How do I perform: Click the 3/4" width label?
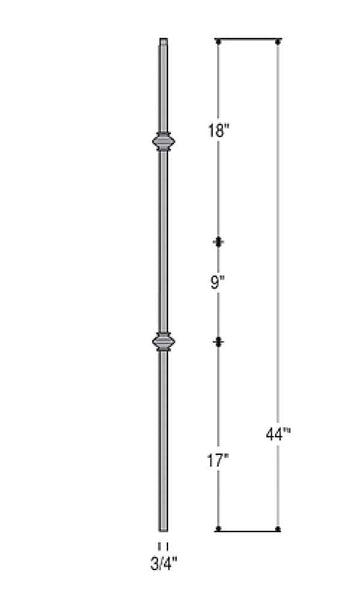pos(163,563)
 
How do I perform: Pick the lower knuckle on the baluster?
pos(163,343)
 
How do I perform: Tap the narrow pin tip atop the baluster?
pos(163,44)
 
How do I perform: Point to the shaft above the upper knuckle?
pos(163,90)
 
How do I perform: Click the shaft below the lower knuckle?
pos(163,440)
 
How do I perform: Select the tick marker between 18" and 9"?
pos(219,242)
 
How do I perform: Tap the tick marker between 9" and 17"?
pos(219,342)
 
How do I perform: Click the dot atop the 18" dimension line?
pos(219,41)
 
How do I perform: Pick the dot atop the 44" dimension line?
pos(278,41)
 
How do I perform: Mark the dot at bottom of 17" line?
pos(219,529)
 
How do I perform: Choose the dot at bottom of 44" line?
pos(278,529)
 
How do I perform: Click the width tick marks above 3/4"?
pos(163,545)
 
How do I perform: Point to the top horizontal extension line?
pos(248,41)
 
